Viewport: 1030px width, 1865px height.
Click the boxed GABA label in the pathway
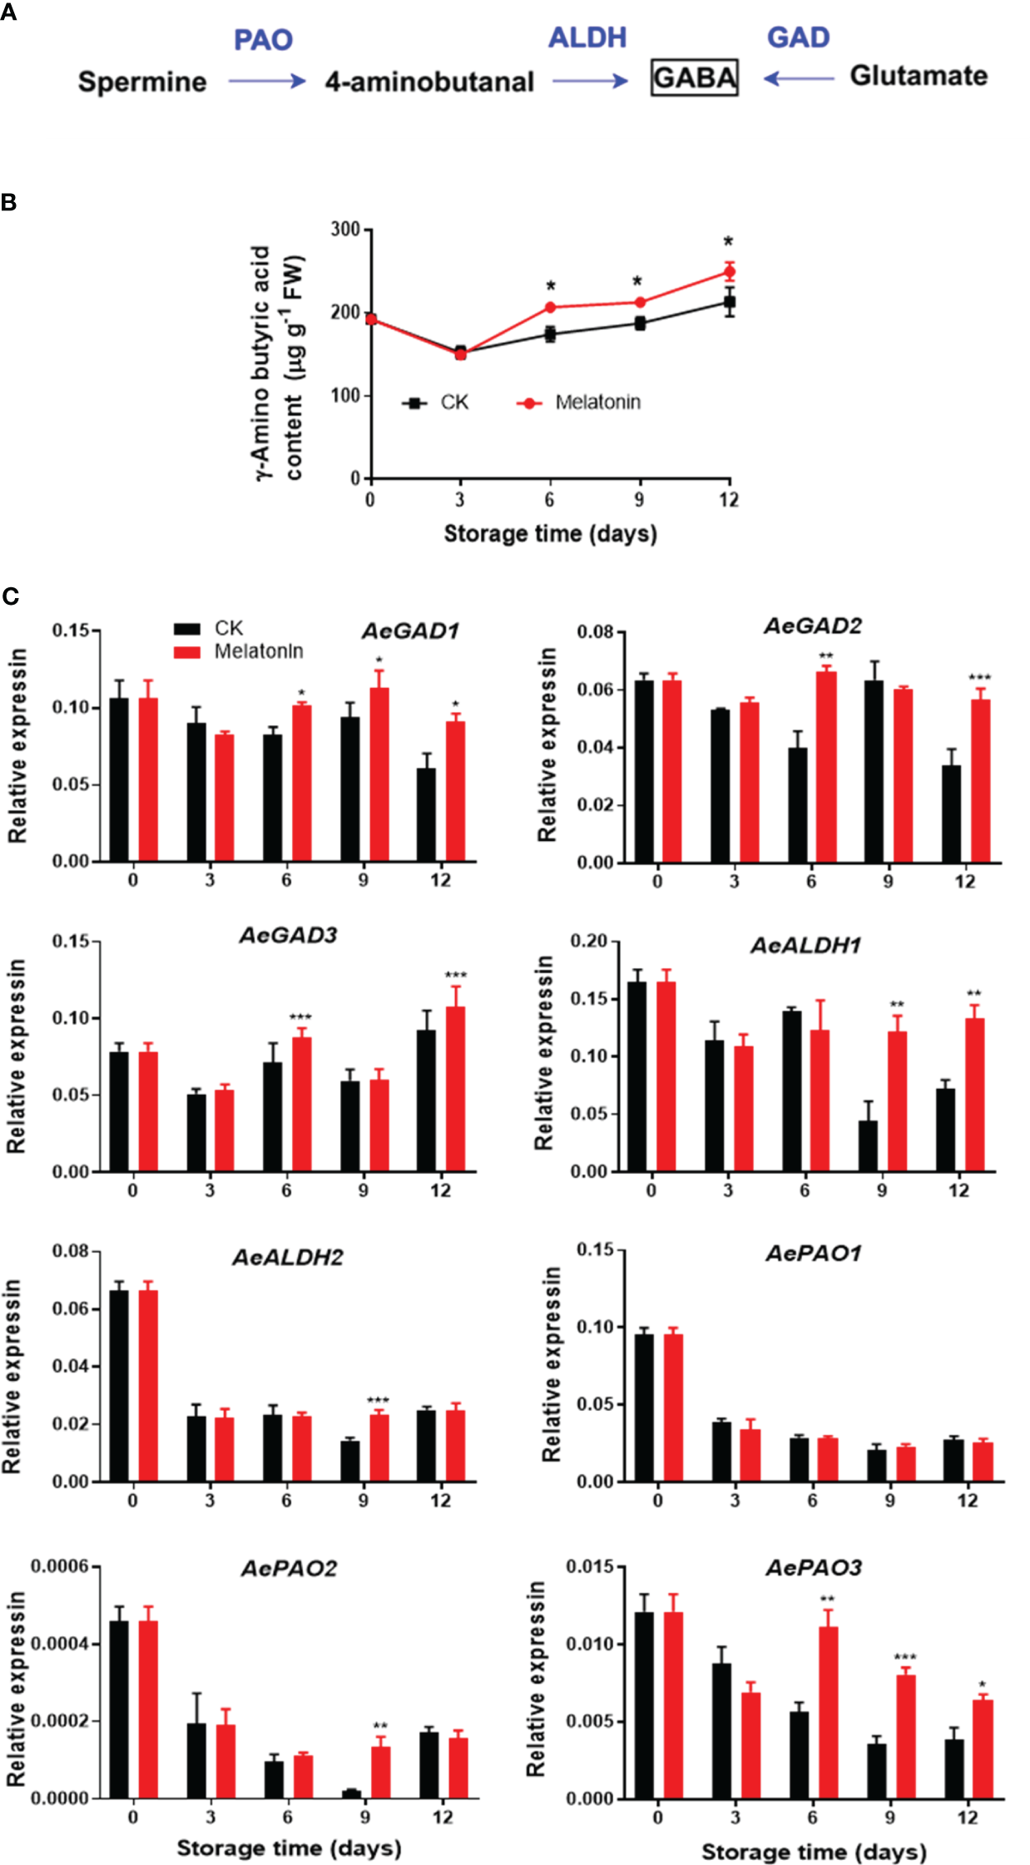pos(694,78)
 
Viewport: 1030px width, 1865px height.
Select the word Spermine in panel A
pos(142,82)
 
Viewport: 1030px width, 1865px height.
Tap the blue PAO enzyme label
pos(263,40)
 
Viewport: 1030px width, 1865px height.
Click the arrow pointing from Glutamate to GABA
pos(798,78)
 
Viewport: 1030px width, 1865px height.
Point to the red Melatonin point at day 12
pos(729,273)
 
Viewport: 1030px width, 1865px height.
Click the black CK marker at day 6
pos(550,334)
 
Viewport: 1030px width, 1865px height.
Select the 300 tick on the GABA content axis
pos(344,230)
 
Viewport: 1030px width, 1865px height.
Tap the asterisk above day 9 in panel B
pos(637,281)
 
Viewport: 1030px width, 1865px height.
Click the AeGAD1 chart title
pos(410,631)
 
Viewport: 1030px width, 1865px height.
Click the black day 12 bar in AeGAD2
pos(951,813)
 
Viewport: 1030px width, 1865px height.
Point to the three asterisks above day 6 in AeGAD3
pos(300,1017)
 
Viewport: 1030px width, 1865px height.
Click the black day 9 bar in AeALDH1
pos(868,1145)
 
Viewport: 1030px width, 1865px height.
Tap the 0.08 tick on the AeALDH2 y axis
pos(70,1251)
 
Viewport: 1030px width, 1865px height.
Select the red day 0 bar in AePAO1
pos(673,1407)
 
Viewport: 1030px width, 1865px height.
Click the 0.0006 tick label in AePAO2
pos(59,1566)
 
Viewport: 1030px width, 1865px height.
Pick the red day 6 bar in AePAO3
pos(828,1711)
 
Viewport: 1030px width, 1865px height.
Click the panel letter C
pos(10,596)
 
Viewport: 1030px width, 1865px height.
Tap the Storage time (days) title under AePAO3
pos(813,1852)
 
